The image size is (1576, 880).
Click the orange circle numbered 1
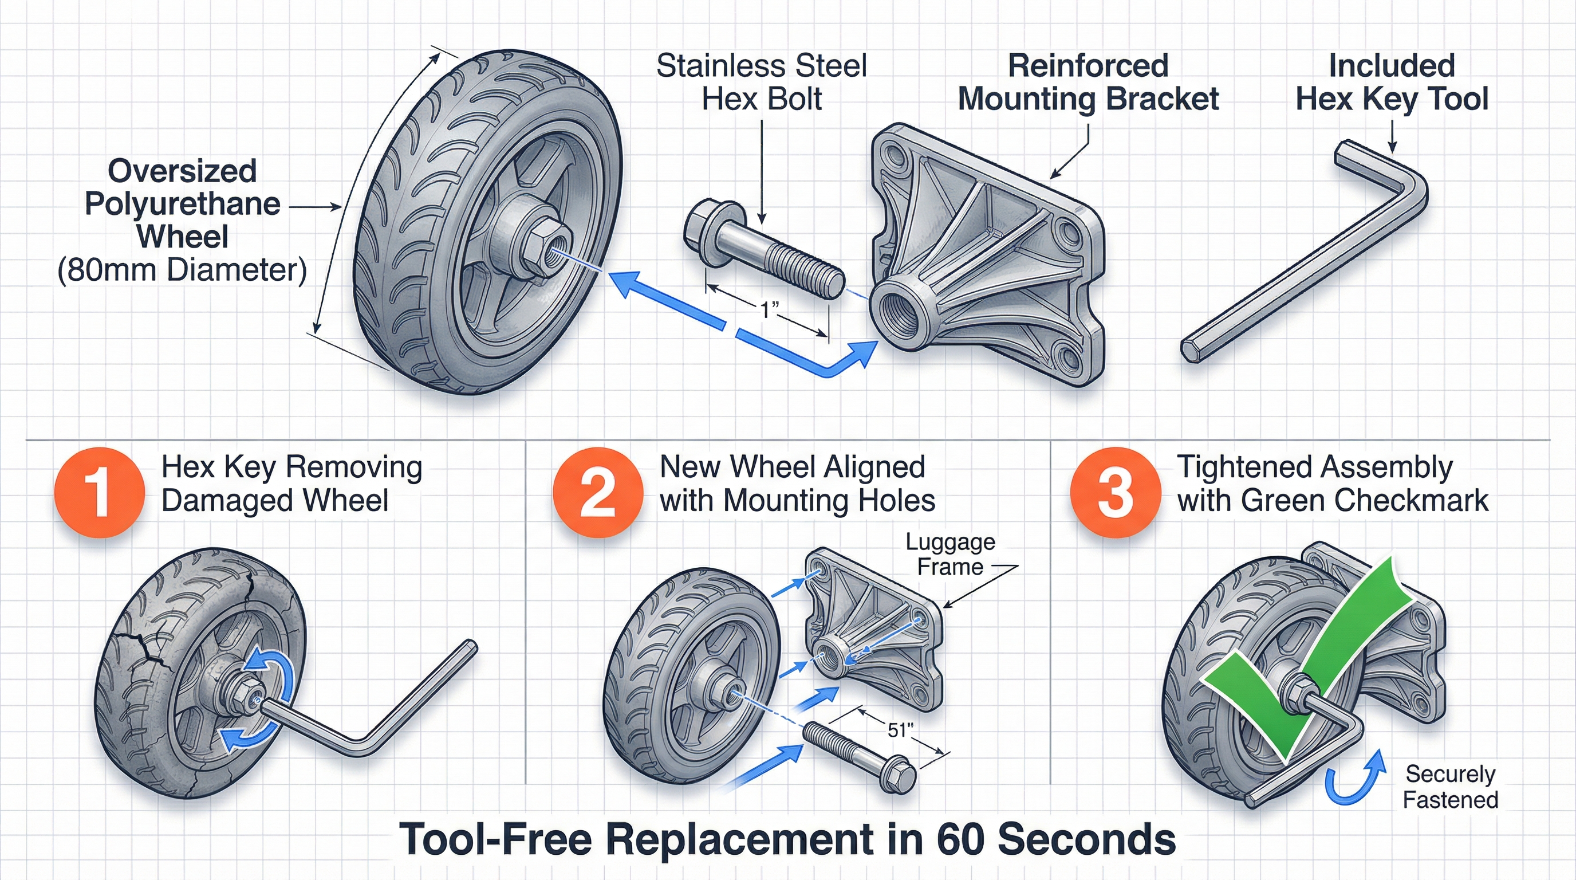point(99,493)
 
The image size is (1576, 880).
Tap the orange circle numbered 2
point(598,493)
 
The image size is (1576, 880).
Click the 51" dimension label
point(900,730)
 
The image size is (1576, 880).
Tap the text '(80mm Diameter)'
point(182,270)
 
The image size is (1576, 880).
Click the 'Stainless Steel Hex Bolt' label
point(761,82)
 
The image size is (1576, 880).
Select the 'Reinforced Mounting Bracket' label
point(1088,82)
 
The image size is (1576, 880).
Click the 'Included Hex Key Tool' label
point(1392,82)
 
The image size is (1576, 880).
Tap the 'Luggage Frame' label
point(950,555)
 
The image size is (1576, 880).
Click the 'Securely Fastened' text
point(1450,787)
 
